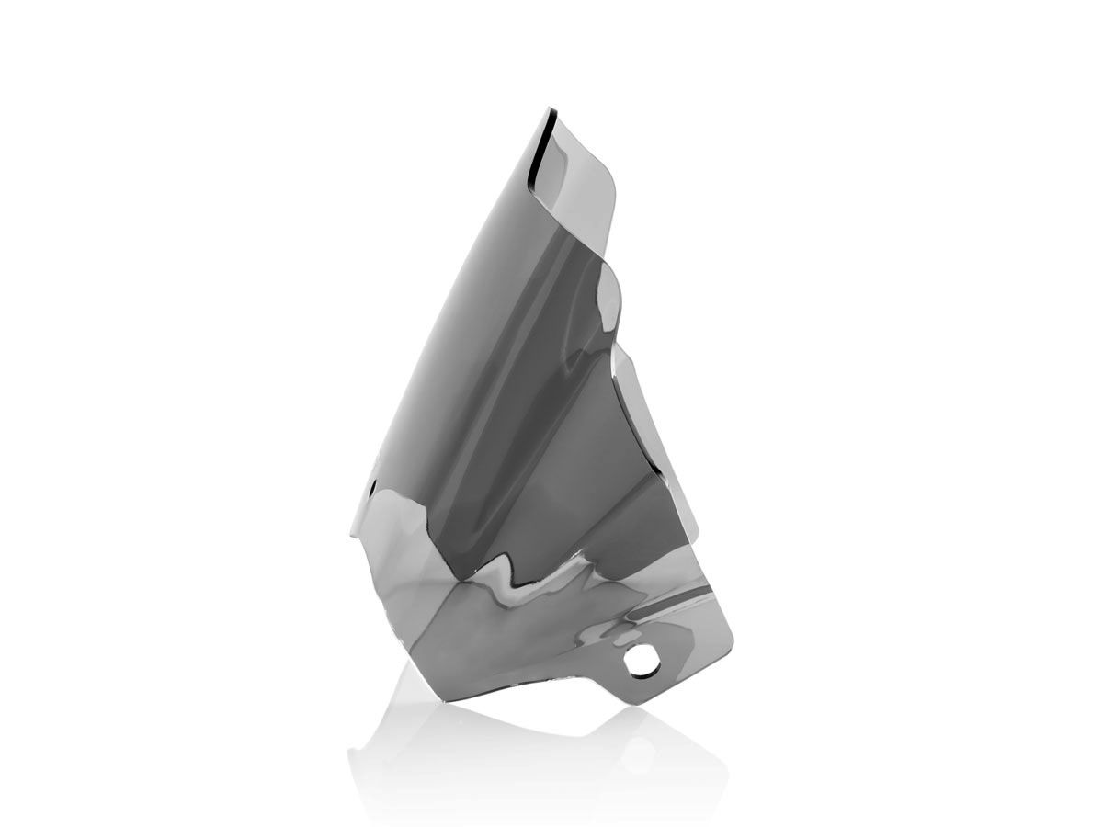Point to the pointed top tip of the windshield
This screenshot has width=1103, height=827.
(550, 110)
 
